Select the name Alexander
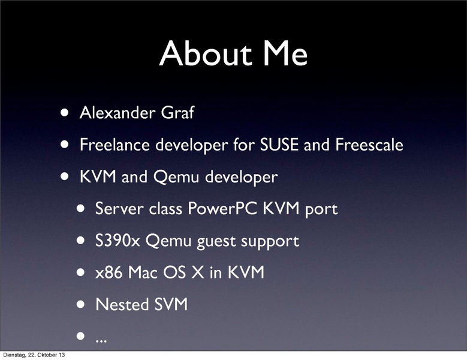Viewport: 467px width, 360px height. [x=117, y=113]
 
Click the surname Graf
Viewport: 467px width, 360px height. [x=178, y=113]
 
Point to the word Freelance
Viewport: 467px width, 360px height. [x=115, y=145]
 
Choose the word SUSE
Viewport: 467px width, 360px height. [x=279, y=145]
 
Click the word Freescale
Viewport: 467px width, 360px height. [x=369, y=145]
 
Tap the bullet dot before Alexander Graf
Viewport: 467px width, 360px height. [x=65, y=113]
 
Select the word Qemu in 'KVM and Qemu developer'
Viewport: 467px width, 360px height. [x=176, y=177]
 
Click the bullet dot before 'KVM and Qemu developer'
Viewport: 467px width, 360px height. [x=65, y=176]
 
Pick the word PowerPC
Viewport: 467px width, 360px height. [x=222, y=208]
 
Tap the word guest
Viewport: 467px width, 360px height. [x=216, y=242]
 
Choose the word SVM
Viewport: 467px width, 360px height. [x=171, y=304]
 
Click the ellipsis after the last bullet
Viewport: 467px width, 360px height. [x=101, y=341]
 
